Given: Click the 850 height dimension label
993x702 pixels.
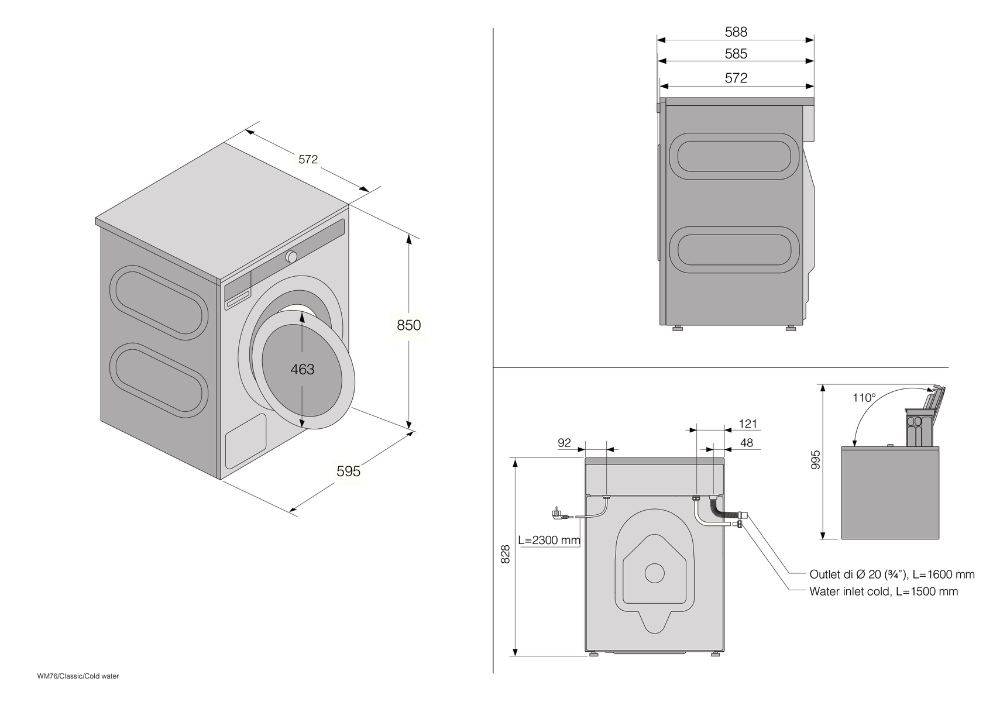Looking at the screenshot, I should tap(408, 325).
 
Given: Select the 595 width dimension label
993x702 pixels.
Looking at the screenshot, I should tap(348, 471).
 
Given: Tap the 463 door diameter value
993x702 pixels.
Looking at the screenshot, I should tap(303, 369).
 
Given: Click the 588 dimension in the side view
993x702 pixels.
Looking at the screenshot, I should tap(736, 32).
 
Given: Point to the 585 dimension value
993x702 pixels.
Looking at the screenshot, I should tap(736, 54).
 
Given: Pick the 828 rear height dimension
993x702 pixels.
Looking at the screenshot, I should tap(506, 554).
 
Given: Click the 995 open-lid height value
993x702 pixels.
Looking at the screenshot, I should tap(817, 459).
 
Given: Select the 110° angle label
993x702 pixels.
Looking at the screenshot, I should tap(864, 398).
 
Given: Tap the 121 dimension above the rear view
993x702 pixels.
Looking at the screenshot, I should tap(748, 424).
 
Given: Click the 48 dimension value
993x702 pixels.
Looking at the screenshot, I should tap(746, 443).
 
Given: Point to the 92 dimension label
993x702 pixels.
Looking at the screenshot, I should tap(564, 443).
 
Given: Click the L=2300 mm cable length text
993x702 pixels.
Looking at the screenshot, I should tap(549, 540).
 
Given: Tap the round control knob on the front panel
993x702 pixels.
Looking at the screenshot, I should tap(291, 256).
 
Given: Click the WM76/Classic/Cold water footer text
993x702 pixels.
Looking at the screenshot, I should tap(78, 676).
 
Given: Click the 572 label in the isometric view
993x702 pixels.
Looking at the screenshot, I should tap(308, 159).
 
